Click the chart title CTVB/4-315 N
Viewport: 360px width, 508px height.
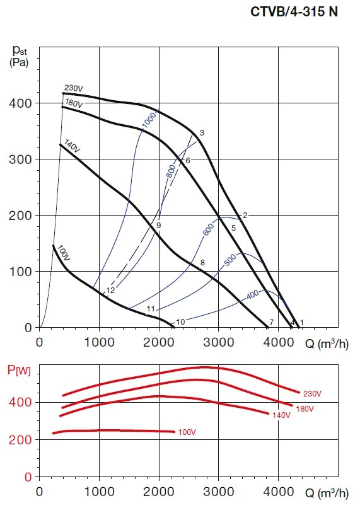(x=304, y=12)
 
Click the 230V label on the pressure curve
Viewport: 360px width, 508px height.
(x=74, y=88)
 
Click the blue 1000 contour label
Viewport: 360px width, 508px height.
(x=149, y=120)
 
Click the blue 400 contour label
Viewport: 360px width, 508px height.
(x=252, y=294)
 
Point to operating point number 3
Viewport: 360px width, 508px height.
(x=202, y=132)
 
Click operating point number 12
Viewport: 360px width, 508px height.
(x=110, y=291)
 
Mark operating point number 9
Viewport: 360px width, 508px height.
(x=159, y=225)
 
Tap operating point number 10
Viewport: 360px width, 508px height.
(x=180, y=322)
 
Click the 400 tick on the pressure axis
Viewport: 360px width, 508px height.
(x=25, y=103)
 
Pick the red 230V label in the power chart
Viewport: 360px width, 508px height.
(x=311, y=393)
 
